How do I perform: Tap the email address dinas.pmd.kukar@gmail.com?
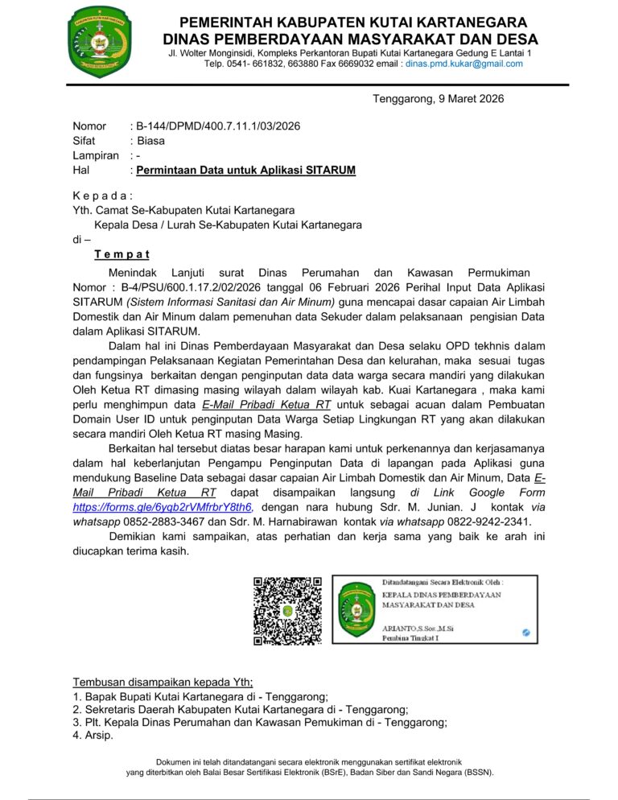point(464,64)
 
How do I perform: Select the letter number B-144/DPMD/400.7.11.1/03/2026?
point(219,126)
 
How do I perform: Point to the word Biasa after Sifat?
point(150,141)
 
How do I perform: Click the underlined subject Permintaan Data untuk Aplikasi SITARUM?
point(245,171)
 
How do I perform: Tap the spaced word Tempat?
point(122,254)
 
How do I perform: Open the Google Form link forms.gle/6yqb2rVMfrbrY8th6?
point(163,507)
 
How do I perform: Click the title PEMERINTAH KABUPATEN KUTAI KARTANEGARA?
point(352,22)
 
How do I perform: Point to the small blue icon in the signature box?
point(525,633)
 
